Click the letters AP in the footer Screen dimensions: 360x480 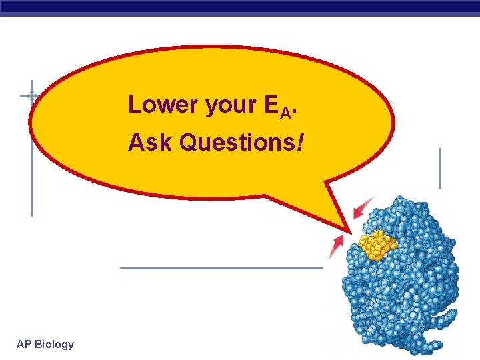coord(24,344)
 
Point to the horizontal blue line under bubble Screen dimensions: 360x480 coord(220,268)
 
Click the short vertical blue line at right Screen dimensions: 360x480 coord(440,168)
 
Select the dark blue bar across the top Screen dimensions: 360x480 coord(240,6)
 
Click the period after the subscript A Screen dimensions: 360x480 coord(294,113)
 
